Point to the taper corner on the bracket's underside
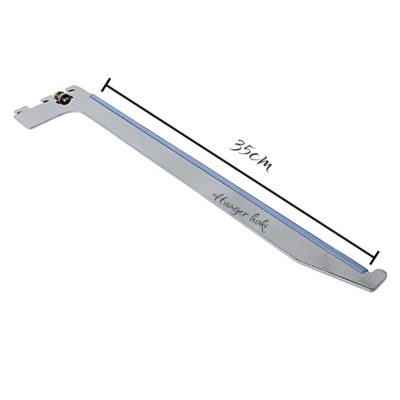pyautogui.click(x=297, y=262)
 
